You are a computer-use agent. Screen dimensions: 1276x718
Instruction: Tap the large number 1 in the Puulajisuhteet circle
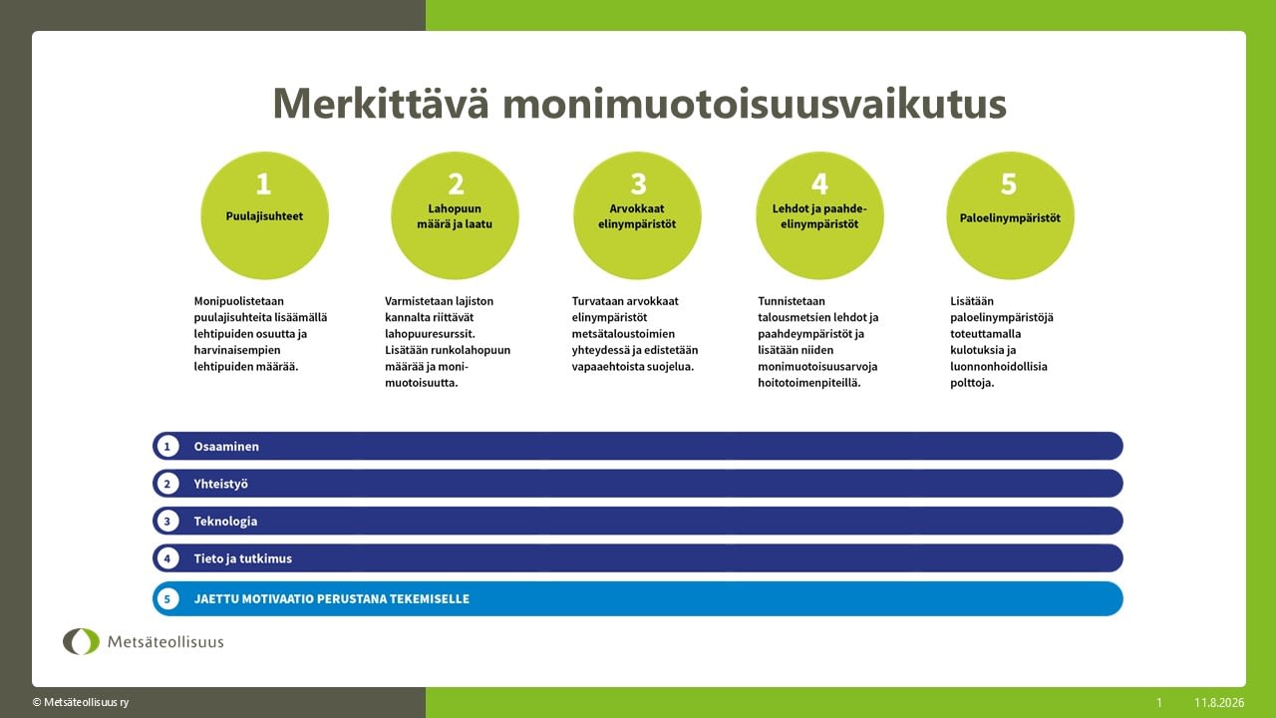point(263,183)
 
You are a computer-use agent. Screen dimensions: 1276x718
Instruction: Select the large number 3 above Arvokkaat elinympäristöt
point(638,183)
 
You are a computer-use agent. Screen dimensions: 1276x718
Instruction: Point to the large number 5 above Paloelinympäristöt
point(1009,183)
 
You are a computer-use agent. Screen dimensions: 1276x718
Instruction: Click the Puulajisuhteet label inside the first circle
point(264,216)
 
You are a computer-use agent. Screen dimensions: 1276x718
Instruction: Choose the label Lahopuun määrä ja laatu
point(455,216)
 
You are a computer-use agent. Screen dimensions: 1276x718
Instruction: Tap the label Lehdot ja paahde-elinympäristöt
point(819,216)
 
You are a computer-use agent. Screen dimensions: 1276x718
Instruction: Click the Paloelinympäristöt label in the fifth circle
point(1010,217)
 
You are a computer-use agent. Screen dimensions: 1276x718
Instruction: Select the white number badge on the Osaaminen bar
point(167,446)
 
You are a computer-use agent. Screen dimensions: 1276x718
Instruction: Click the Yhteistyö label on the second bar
point(221,484)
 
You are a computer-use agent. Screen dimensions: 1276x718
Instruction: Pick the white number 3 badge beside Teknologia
point(167,521)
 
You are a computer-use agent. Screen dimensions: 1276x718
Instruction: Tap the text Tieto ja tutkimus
point(242,558)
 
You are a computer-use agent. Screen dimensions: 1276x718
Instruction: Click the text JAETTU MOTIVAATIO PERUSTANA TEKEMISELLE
point(332,599)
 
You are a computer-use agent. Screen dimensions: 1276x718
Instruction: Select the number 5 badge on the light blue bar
point(167,599)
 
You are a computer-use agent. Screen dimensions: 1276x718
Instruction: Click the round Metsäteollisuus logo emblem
point(81,641)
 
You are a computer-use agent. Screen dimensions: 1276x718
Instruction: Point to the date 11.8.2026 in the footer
point(1219,703)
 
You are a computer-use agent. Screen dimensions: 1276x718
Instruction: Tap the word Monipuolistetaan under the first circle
point(238,301)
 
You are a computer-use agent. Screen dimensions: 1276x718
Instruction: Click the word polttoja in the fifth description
point(972,383)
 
